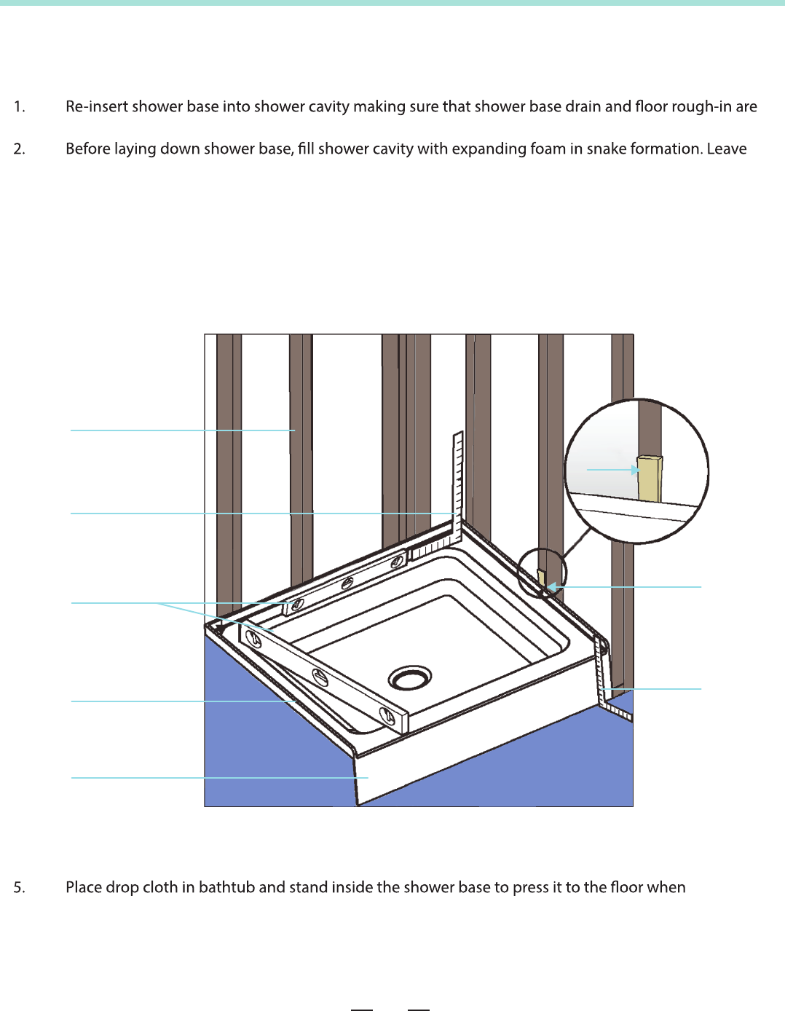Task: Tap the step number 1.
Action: pos(19,106)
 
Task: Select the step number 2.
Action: pos(19,149)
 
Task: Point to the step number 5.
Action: pos(19,887)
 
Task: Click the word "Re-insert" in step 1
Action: pos(97,106)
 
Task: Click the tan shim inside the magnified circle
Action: pos(650,479)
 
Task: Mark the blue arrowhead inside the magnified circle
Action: pos(635,470)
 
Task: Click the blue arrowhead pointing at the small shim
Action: pos(551,586)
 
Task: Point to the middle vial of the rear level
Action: pos(347,583)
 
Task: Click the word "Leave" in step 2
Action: pos(727,149)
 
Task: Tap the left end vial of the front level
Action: pos(254,637)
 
